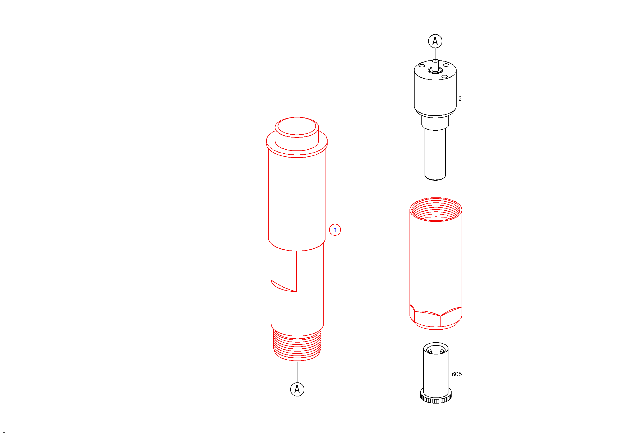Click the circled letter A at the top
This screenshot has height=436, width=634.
coord(435,41)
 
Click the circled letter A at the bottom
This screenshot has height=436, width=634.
coord(297,389)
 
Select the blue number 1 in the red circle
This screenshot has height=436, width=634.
coord(335,230)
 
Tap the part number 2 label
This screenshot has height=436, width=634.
coord(460,99)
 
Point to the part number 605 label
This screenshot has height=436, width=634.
coord(456,374)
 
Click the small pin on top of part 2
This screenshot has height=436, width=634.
coord(435,65)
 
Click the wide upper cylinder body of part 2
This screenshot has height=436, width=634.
coord(435,90)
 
